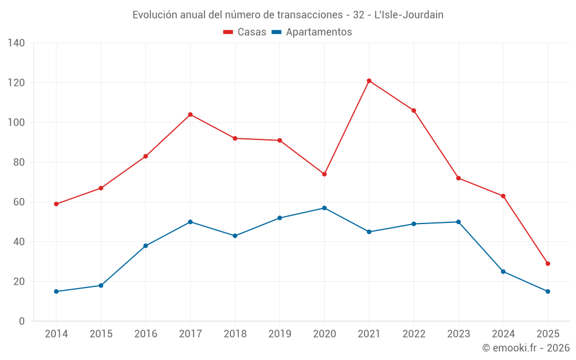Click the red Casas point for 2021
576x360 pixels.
369,81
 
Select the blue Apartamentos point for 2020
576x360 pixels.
324,208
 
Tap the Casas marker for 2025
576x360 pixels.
548,264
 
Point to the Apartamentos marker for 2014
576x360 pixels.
56,291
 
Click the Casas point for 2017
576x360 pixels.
190,115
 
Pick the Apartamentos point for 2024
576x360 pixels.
503,271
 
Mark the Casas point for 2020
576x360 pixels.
324,174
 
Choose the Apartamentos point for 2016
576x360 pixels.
146,246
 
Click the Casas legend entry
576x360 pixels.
245,32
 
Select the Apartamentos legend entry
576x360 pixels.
312,32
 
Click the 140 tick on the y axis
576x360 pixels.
17,43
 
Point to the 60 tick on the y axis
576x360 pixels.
19,202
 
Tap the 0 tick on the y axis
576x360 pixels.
22,321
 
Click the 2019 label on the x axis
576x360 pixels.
279,334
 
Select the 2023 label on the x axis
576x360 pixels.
458,334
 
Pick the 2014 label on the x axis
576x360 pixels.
56,334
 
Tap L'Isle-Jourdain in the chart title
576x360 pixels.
409,15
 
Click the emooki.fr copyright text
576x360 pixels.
526,348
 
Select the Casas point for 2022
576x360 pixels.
414,111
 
